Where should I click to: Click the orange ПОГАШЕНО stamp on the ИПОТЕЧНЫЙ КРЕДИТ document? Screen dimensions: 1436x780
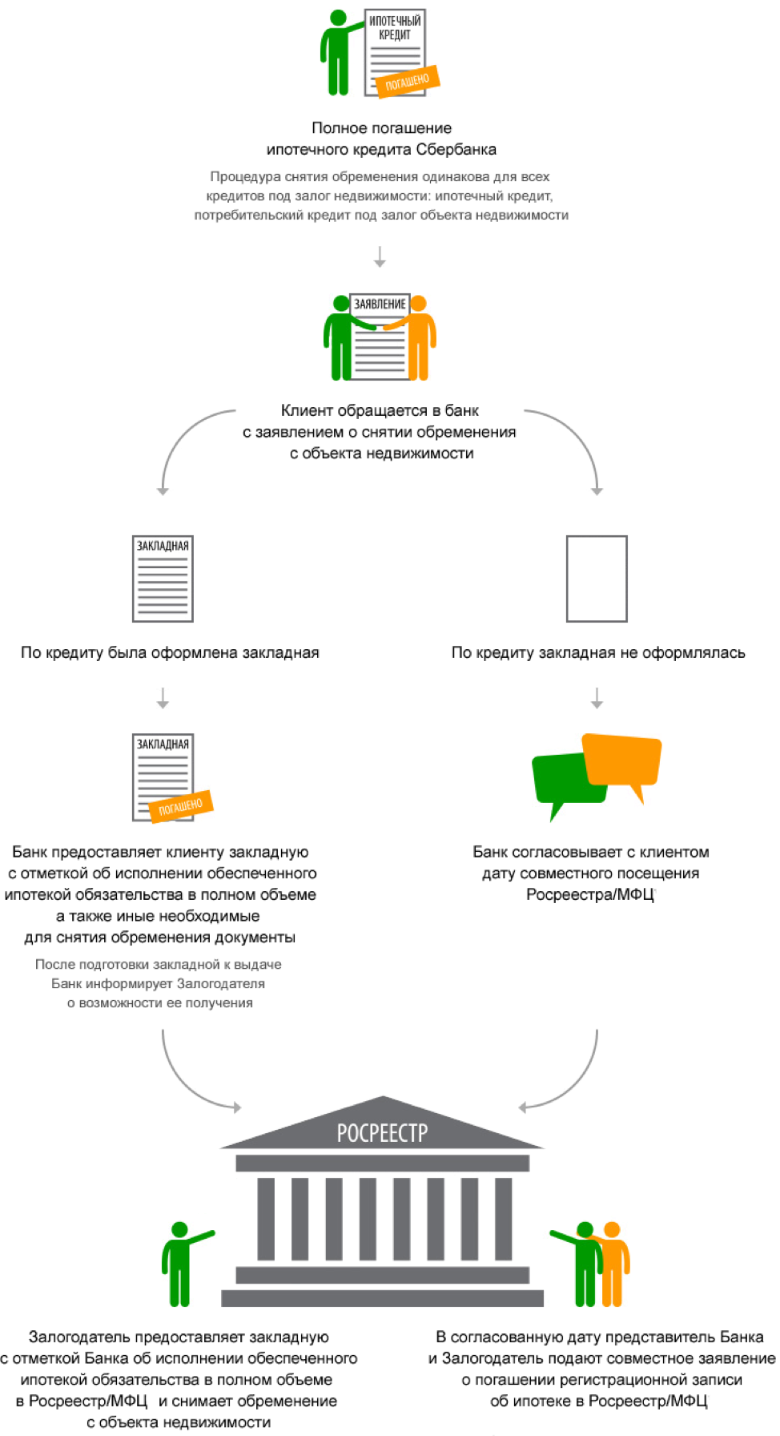(408, 80)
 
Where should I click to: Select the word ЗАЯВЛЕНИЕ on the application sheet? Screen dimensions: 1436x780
(380, 305)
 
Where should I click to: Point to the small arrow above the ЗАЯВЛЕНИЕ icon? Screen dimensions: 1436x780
(380, 257)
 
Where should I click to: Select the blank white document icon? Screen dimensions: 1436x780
(597, 579)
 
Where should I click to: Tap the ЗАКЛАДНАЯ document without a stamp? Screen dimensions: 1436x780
(163, 579)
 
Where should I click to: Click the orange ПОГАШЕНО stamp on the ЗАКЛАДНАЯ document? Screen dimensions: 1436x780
(182, 806)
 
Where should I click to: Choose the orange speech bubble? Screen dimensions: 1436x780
(623, 760)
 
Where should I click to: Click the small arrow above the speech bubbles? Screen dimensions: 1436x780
(597, 698)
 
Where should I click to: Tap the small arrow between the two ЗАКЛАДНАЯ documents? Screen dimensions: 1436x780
(163, 698)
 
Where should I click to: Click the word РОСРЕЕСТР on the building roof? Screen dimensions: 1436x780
(382, 1132)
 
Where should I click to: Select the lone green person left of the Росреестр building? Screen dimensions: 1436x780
(179, 1263)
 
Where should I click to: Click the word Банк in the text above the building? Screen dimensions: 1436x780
(66, 983)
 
